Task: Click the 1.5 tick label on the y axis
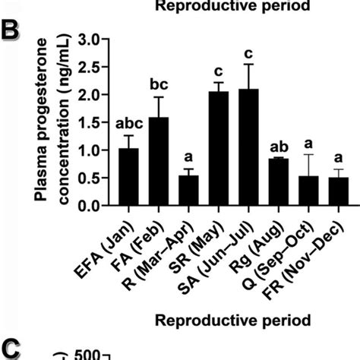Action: click(90, 122)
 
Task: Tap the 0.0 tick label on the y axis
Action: click(90, 206)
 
